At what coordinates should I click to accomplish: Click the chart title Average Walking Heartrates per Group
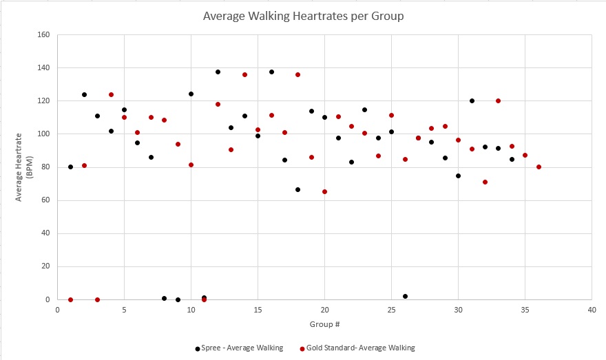click(302, 15)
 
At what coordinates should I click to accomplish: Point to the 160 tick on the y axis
click(45, 35)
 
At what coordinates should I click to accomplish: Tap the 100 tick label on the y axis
click(45, 134)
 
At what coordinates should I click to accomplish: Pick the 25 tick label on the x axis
click(391, 310)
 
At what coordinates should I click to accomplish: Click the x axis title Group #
click(324, 324)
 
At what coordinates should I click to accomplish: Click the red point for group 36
click(539, 167)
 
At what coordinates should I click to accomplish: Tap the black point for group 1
click(70, 167)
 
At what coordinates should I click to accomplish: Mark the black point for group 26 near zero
click(405, 296)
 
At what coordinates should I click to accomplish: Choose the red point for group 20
click(324, 191)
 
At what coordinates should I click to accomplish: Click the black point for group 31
click(472, 100)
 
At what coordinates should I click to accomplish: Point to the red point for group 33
click(498, 100)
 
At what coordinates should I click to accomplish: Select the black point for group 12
click(218, 72)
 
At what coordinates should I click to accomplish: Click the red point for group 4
click(111, 94)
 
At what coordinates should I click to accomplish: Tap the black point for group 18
click(297, 189)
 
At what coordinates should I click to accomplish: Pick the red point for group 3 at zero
click(97, 299)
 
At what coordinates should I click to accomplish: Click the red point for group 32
click(485, 182)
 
